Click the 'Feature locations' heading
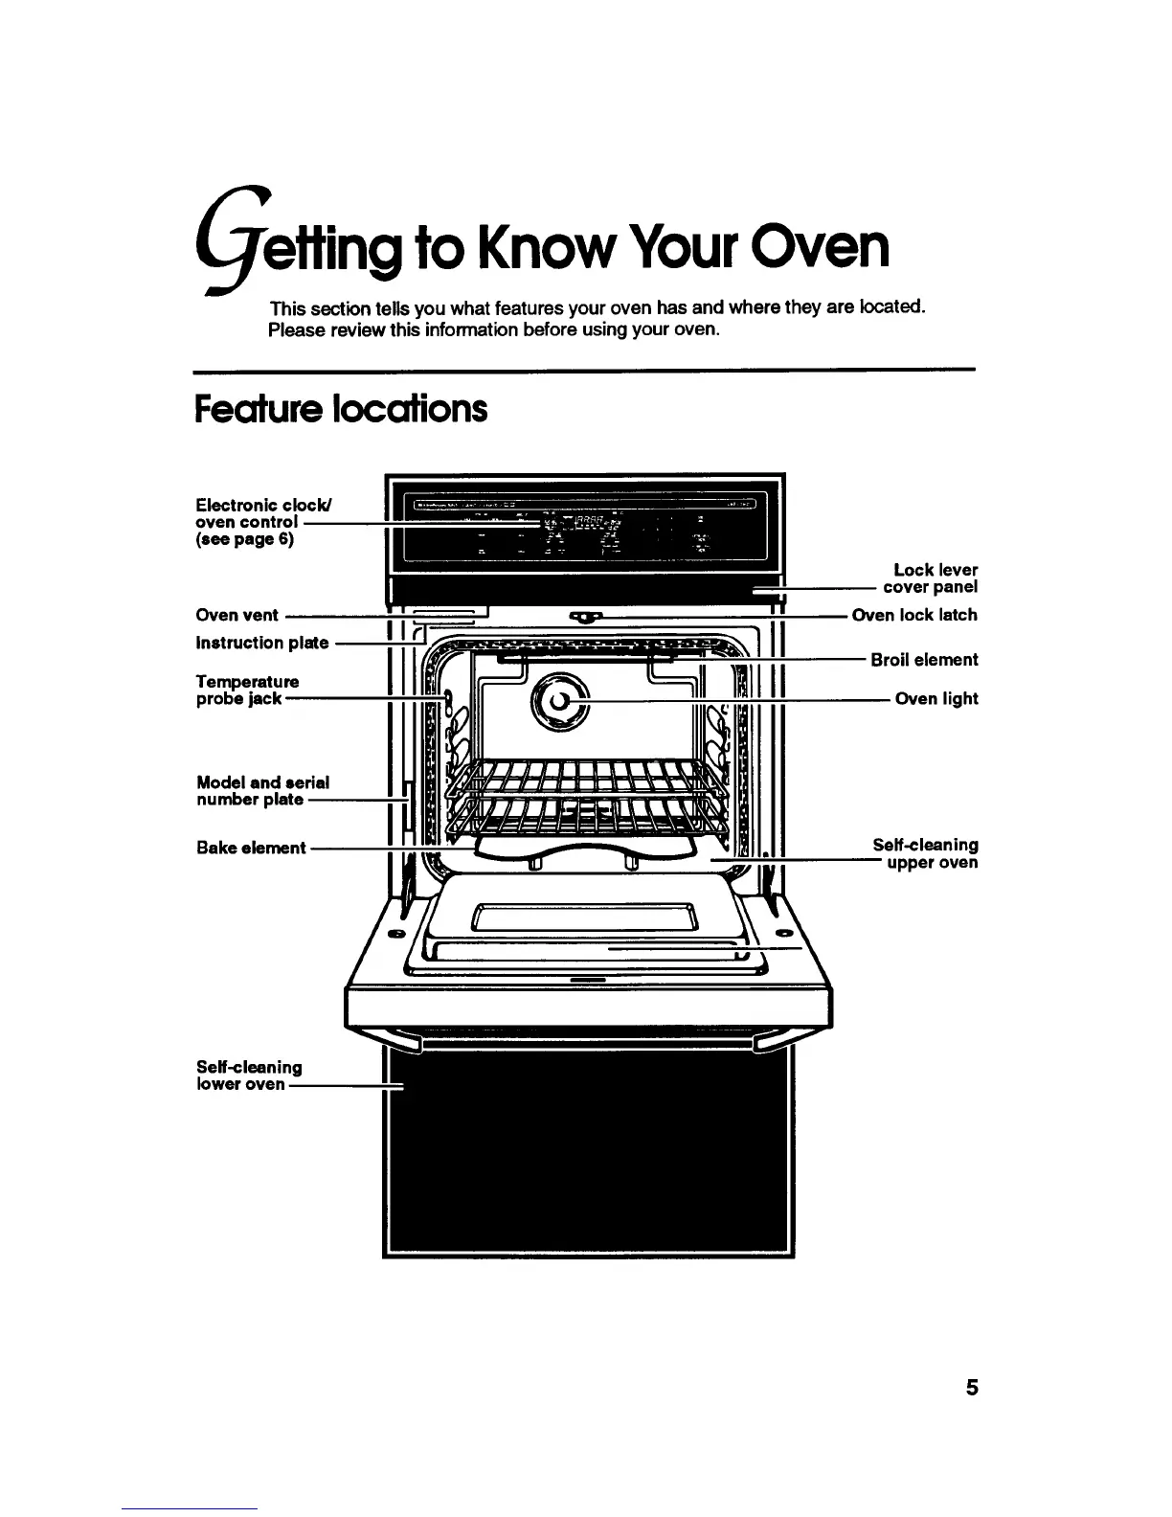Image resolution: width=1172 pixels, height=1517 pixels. [340, 409]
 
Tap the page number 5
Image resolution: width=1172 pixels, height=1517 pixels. [971, 1387]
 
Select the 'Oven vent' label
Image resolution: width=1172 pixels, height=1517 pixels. [237, 616]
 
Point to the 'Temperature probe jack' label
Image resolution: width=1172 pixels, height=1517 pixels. [247, 690]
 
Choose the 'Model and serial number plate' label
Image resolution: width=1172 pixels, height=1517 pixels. [262, 791]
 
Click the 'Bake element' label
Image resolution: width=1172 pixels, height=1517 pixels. [250, 848]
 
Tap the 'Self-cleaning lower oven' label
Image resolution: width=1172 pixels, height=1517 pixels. [248, 1075]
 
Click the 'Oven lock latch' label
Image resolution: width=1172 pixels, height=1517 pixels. [914, 615]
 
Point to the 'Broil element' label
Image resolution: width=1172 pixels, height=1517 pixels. [924, 660]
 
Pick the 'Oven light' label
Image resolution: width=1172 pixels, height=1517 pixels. [935, 699]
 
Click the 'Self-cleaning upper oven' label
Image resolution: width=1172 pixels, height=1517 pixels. [925, 853]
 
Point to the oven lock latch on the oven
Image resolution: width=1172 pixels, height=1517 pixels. [585, 616]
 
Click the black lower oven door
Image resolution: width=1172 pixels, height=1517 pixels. [588, 1149]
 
